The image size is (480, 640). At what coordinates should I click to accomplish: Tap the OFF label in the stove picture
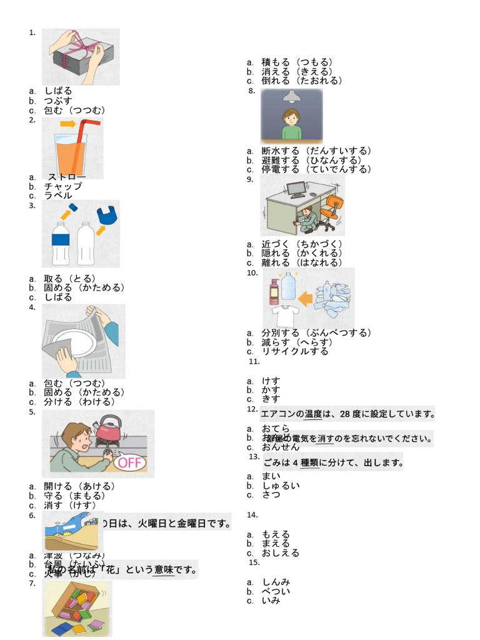pos(131,462)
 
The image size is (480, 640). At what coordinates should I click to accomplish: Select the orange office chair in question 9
pos(334,209)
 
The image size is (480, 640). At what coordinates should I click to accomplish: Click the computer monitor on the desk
pos(296,188)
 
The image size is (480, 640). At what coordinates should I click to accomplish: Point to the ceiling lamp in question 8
pos(291,96)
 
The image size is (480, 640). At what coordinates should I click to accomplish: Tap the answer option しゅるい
pos(281,486)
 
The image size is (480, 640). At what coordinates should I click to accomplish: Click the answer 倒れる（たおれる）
pos(302,81)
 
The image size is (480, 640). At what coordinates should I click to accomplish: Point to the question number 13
pos(254,457)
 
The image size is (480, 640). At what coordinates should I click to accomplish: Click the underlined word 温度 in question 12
pos(314,414)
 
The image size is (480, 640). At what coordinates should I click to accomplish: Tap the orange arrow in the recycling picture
pos(305,299)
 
